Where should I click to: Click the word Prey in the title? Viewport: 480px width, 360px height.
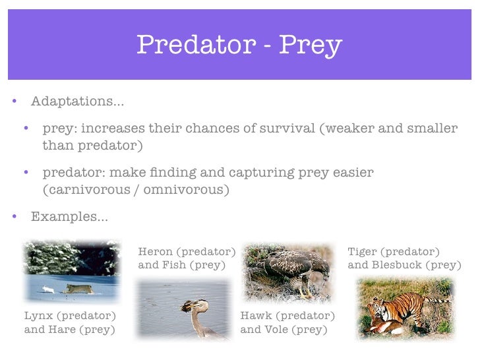(x=310, y=45)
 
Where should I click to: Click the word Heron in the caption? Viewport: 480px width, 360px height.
(x=156, y=252)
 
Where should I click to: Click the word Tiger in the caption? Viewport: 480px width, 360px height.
(x=363, y=252)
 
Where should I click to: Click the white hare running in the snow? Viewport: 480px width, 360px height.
(x=47, y=288)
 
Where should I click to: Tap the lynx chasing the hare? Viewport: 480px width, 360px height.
(x=78, y=287)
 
